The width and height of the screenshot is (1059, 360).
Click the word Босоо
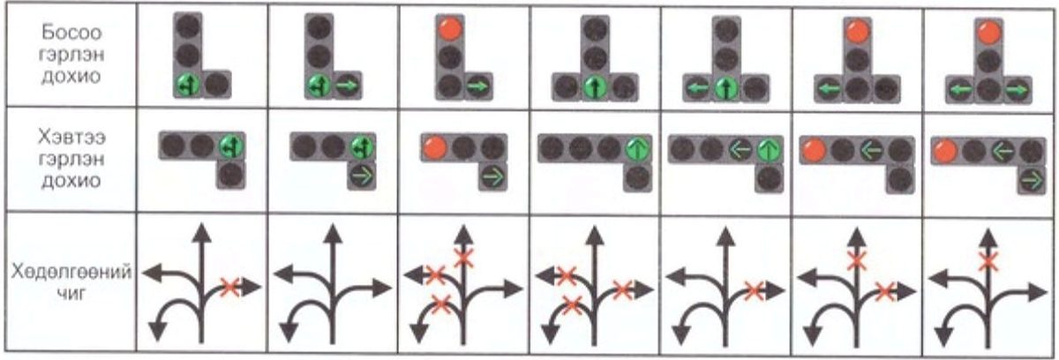[x=71, y=33]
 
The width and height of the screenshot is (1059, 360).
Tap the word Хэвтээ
[x=71, y=138]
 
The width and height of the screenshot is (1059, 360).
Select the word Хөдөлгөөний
[x=71, y=273]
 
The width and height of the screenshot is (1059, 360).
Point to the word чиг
[x=71, y=294]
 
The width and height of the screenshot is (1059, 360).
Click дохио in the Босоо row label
[x=71, y=76]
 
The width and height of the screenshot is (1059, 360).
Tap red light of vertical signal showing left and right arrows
[x=988, y=33]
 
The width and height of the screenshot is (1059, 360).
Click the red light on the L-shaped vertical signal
[x=450, y=29]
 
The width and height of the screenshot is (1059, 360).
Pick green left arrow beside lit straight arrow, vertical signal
[x=697, y=88]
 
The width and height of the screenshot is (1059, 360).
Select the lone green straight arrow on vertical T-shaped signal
[x=594, y=88]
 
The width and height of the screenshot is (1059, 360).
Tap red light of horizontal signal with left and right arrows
[x=945, y=152]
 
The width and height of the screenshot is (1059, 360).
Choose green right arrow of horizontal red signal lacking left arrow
[x=493, y=177]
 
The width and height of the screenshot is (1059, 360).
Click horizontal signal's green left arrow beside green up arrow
[x=740, y=150]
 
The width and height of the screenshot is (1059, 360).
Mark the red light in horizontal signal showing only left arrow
[x=814, y=151]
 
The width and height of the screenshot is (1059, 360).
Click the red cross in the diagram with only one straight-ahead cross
[x=988, y=261]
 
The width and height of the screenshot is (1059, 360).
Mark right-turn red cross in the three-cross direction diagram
[x=622, y=289]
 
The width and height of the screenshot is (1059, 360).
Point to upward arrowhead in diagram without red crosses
[x=333, y=234]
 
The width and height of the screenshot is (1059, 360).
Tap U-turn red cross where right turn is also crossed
[x=572, y=305]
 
